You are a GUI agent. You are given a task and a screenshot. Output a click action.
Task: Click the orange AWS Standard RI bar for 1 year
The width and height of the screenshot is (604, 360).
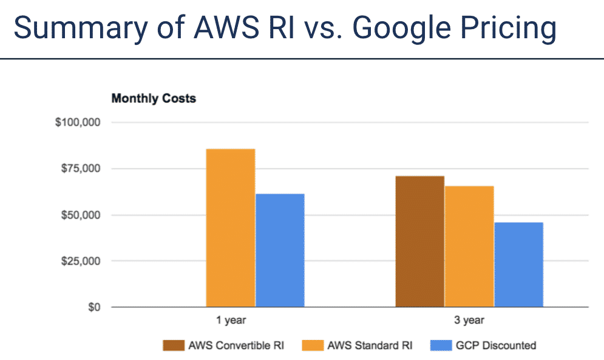230,228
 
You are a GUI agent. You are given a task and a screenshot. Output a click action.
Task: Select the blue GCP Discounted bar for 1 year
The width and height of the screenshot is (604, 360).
280,250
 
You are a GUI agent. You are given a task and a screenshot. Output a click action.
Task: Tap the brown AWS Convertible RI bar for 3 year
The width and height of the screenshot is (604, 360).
419,241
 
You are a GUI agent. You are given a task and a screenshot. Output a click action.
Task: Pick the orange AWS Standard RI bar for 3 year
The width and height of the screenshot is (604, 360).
469,246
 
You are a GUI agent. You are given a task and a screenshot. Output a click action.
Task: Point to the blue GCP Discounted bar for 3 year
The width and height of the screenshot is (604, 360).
518,264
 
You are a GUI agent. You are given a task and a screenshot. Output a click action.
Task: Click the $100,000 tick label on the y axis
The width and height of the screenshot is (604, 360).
78,123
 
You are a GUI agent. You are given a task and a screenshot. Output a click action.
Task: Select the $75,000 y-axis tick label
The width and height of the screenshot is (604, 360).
80,169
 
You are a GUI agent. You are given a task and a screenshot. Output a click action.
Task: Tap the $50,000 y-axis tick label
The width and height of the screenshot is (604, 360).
80,215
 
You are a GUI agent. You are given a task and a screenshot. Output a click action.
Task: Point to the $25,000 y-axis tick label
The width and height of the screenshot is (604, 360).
80,261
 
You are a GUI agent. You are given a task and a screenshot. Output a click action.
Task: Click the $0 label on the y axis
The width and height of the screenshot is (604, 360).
92,307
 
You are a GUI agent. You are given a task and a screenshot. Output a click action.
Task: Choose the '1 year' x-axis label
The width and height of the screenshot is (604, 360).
231,320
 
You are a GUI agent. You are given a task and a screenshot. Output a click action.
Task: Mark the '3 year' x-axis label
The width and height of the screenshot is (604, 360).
469,320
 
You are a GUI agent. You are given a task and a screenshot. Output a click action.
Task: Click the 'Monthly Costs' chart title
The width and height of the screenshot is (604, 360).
154,98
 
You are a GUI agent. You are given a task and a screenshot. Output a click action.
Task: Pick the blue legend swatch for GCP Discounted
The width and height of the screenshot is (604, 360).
439,345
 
